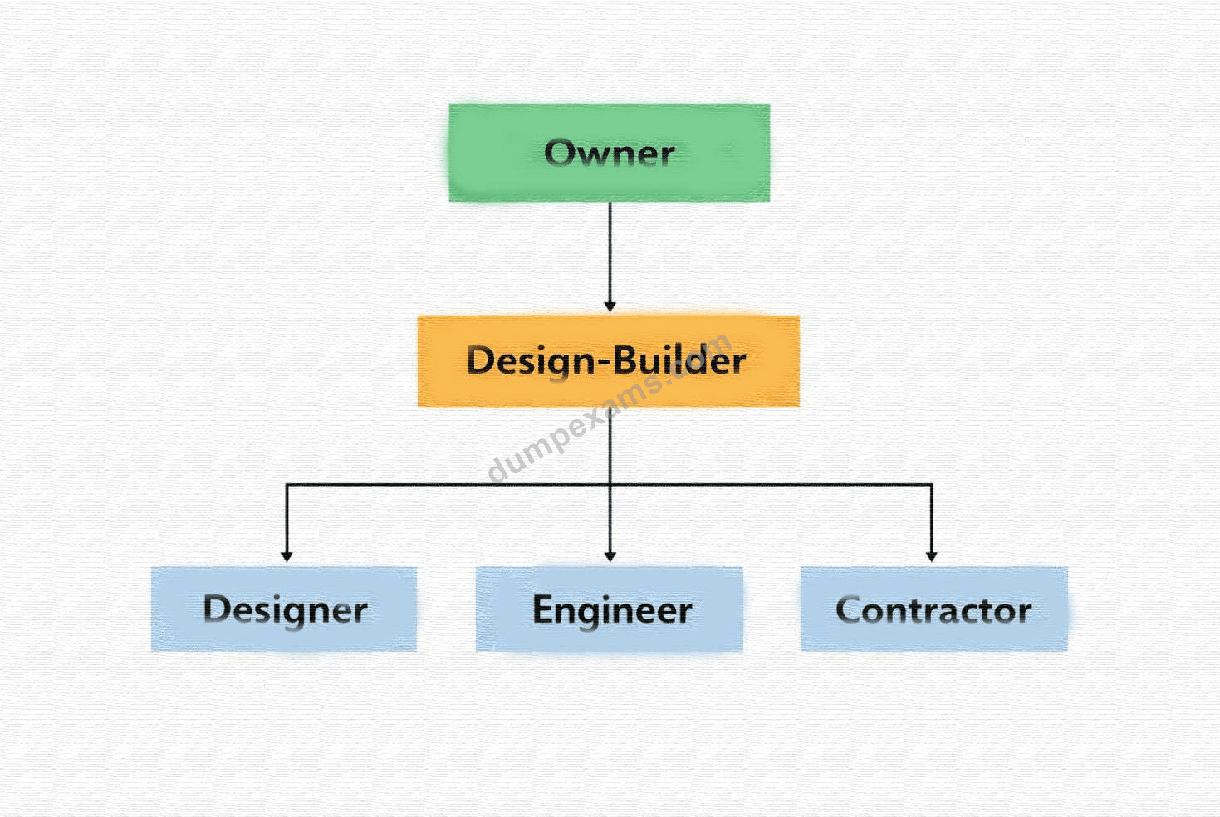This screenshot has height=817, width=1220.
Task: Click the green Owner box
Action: (x=610, y=153)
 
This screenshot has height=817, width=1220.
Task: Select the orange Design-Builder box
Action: (x=609, y=360)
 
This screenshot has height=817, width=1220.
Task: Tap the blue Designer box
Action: (x=284, y=609)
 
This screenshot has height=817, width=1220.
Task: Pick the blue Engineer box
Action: (x=610, y=609)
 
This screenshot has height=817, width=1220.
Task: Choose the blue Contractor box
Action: (x=934, y=609)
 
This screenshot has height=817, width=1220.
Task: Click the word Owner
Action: (x=610, y=153)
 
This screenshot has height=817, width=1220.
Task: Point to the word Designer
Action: (x=286, y=611)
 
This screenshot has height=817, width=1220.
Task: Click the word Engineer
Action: (x=612, y=611)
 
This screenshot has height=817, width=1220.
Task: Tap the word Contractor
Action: (x=933, y=610)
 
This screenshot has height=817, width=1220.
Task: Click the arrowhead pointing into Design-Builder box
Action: (x=610, y=307)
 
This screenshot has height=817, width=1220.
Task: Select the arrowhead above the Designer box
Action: (x=287, y=556)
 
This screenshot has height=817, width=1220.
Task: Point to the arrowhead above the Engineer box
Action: (x=610, y=556)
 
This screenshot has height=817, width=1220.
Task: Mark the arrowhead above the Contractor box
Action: (x=931, y=556)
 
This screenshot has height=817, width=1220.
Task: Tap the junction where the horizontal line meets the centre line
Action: (x=610, y=484)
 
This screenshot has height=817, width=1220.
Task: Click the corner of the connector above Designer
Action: (x=287, y=484)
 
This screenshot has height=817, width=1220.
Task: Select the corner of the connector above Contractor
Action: (x=932, y=484)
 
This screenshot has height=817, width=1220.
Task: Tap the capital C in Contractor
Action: (x=848, y=610)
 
